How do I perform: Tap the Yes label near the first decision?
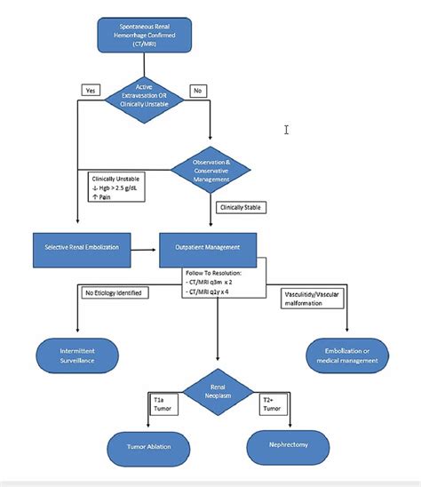click(91, 90)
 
